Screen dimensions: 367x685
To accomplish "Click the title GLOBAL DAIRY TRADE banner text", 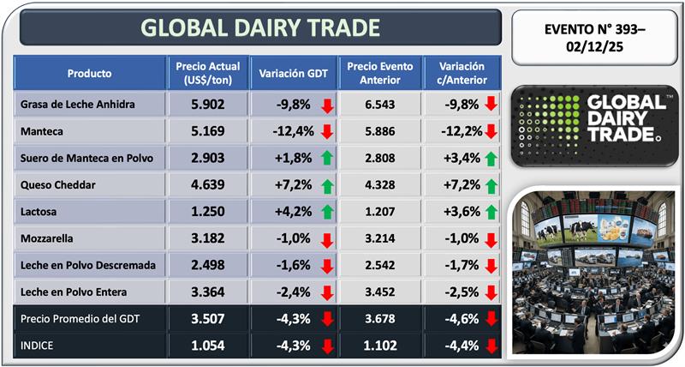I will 259,28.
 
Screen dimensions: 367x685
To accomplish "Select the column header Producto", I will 89,74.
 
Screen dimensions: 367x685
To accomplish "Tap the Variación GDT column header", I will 293,74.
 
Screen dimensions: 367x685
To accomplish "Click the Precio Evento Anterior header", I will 379,74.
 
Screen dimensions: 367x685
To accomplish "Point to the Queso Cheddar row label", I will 56,184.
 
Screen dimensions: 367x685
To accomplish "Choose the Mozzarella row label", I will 49,238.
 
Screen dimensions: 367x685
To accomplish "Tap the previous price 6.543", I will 379,105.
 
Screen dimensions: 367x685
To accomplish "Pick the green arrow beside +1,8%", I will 325,158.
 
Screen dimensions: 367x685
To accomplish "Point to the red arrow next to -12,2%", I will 491,131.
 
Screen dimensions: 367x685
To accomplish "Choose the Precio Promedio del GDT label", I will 80,321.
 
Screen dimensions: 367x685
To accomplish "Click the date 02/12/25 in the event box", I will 595,46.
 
